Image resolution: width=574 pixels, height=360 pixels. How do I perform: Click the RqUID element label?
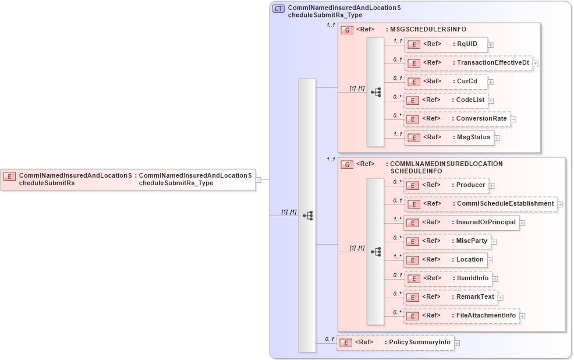pos(467,44)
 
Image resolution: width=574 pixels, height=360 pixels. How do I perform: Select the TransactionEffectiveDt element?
pos(493,62)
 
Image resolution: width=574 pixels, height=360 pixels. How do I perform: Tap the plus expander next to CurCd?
pos(491,82)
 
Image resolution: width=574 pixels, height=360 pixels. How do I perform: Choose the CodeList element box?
pos(446,100)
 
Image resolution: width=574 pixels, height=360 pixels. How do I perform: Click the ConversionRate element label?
pos(481,119)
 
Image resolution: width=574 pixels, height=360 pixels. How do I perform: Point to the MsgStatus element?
pos(473,137)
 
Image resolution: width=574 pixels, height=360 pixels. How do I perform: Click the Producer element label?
pos(470,185)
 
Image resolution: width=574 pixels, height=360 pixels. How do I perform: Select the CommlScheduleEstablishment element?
pos(505,204)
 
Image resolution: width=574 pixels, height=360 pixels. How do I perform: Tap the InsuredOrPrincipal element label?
pos(486,223)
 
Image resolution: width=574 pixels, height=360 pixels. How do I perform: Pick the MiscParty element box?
pos(447,241)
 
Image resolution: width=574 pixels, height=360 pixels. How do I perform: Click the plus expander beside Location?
pos(491,260)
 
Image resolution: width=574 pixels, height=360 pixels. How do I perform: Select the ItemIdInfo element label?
pos(472,278)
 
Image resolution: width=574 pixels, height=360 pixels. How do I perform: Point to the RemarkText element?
pos(475,297)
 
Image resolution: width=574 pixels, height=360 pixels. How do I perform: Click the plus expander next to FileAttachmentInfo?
pos(522,316)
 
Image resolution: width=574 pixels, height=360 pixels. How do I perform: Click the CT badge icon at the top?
pos(278,9)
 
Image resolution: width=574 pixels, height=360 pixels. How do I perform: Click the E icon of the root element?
pos(10,175)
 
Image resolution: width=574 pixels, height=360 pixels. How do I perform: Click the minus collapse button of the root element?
pos(258,179)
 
